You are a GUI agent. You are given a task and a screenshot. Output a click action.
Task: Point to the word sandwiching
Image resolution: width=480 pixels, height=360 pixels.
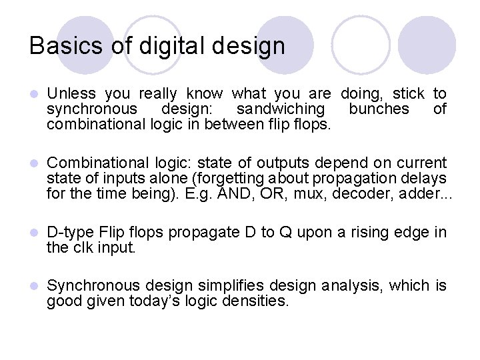point(281,109)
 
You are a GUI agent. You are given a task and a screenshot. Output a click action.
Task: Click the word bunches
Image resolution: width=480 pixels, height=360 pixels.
point(379,109)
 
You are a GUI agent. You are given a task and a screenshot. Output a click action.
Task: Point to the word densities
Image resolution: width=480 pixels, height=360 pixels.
point(259,301)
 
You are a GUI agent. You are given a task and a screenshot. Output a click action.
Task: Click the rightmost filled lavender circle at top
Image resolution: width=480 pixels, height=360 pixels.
point(431,45)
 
